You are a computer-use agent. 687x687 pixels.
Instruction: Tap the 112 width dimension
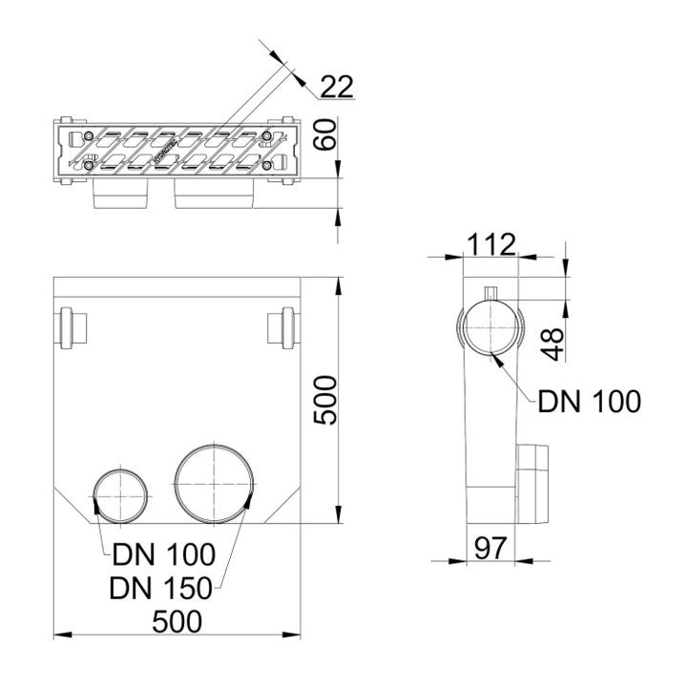pyautogui.click(x=490, y=244)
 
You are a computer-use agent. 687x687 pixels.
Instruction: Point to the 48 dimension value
pyautogui.click(x=553, y=339)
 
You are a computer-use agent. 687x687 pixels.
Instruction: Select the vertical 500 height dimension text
pyautogui.click(x=325, y=401)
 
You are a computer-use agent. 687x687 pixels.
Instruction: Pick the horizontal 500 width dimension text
pyautogui.click(x=177, y=621)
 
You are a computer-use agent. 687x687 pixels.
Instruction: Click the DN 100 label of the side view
pyautogui.click(x=590, y=402)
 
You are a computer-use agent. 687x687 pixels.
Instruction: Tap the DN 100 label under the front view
pyautogui.click(x=163, y=553)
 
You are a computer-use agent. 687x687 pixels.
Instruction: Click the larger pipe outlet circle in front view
pyautogui.click(x=215, y=483)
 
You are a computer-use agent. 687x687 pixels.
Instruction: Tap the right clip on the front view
pyautogui.click(x=282, y=327)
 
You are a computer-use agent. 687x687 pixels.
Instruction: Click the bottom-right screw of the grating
pyautogui.click(x=268, y=166)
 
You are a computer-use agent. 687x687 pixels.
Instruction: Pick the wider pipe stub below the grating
pyautogui.click(x=215, y=197)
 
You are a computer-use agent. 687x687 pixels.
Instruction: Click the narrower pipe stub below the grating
pyautogui.click(x=121, y=197)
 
